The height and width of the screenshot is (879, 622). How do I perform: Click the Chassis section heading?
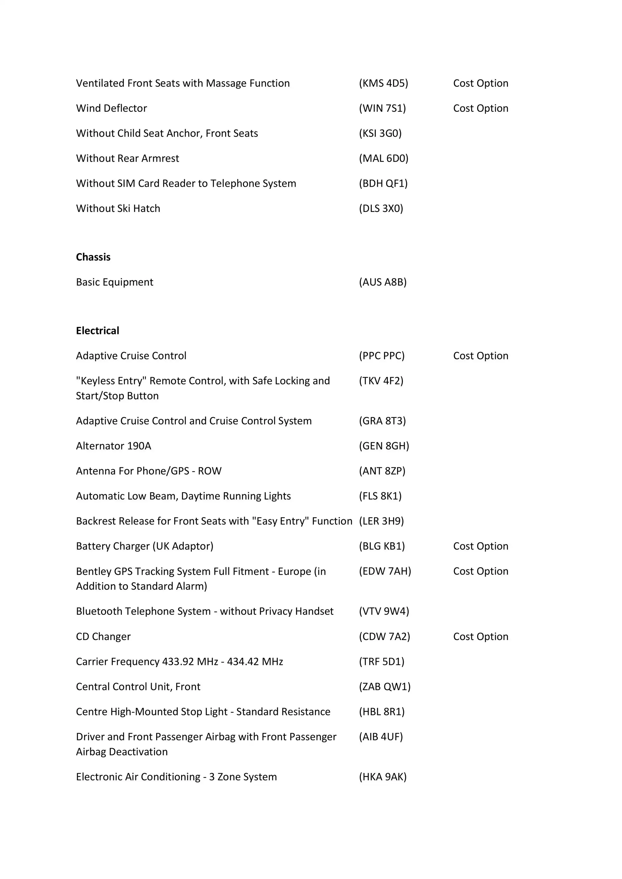[93, 257]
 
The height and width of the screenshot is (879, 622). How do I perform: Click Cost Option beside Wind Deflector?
[480, 108]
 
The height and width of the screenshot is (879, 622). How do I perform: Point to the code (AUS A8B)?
[383, 282]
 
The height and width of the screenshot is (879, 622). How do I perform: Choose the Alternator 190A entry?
[114, 446]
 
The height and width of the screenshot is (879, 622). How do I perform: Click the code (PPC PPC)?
[382, 356]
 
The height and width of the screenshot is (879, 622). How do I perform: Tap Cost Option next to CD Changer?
[480, 636]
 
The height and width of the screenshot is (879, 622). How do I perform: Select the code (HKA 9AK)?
[383, 777]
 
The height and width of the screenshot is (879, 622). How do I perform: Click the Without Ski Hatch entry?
[118, 209]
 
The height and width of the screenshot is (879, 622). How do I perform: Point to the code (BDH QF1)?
[383, 183]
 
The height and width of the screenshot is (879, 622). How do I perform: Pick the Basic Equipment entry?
[114, 282]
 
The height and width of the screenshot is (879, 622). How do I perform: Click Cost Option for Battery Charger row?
[480, 546]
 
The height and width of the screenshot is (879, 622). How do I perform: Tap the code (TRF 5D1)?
[382, 662]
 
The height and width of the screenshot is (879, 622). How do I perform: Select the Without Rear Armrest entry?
[128, 158]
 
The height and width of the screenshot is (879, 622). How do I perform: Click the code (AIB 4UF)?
[381, 737]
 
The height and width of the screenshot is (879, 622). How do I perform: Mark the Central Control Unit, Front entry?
[138, 686]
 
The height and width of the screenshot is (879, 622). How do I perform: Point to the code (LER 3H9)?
[381, 521]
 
